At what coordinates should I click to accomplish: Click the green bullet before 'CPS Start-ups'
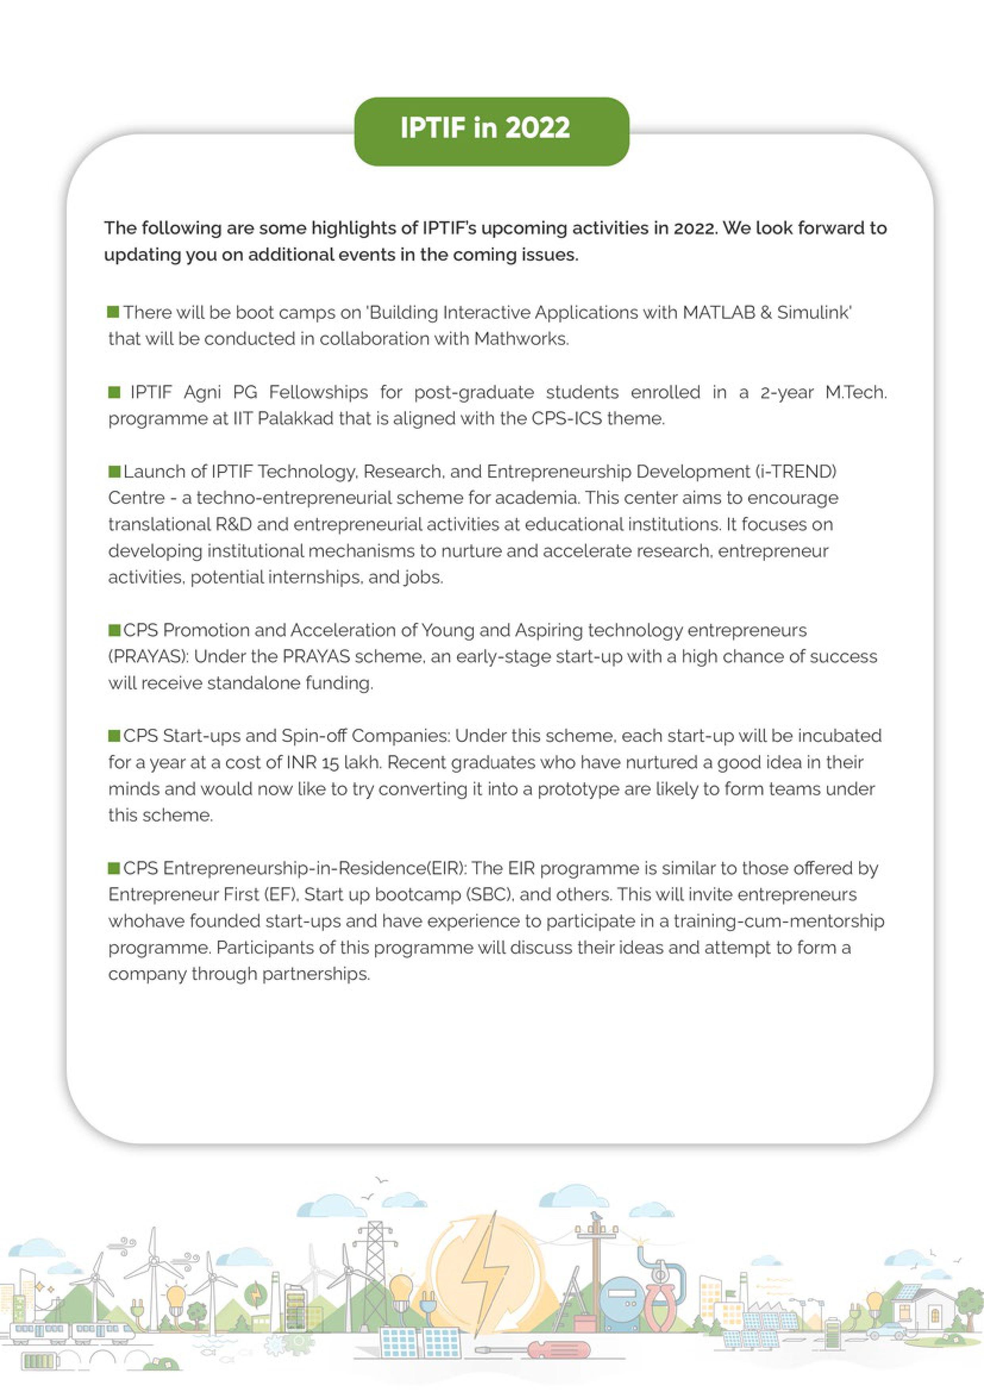[x=114, y=736]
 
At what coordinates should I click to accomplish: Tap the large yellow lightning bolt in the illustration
[x=482, y=1264]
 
